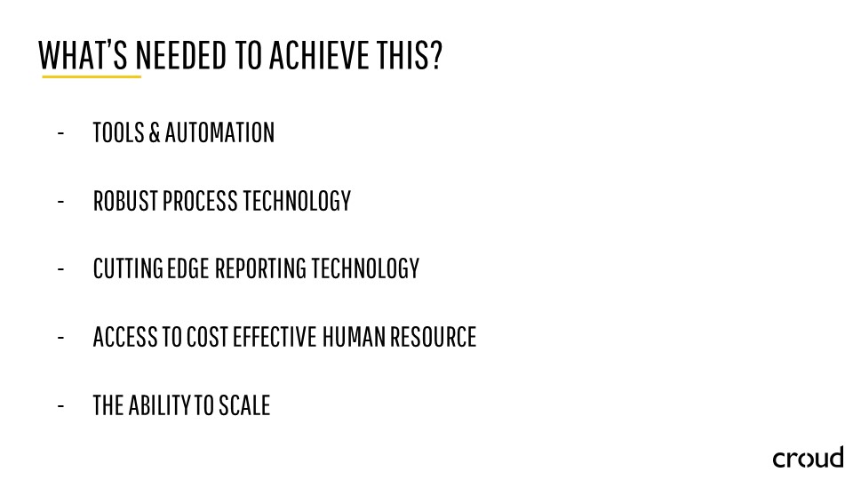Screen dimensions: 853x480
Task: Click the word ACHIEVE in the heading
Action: (318, 55)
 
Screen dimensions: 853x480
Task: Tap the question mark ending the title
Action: (435, 55)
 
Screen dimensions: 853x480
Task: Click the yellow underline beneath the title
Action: (92, 76)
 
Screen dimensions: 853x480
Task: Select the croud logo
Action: (808, 458)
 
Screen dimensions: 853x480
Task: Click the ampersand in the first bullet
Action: (155, 132)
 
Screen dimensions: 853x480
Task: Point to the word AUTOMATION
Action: (219, 132)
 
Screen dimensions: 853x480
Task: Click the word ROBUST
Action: (125, 201)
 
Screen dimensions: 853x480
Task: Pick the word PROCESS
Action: (200, 201)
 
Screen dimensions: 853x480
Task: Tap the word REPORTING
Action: (260, 268)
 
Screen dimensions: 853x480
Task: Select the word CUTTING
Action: (128, 268)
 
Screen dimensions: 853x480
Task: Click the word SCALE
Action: (244, 405)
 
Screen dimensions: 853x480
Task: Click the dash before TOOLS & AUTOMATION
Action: (60, 132)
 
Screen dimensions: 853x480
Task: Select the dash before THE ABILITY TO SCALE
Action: (60, 405)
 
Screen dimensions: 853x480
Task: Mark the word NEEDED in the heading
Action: (180, 55)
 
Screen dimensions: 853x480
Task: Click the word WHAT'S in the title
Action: (84, 55)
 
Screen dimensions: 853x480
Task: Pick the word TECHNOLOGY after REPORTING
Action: (365, 268)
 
